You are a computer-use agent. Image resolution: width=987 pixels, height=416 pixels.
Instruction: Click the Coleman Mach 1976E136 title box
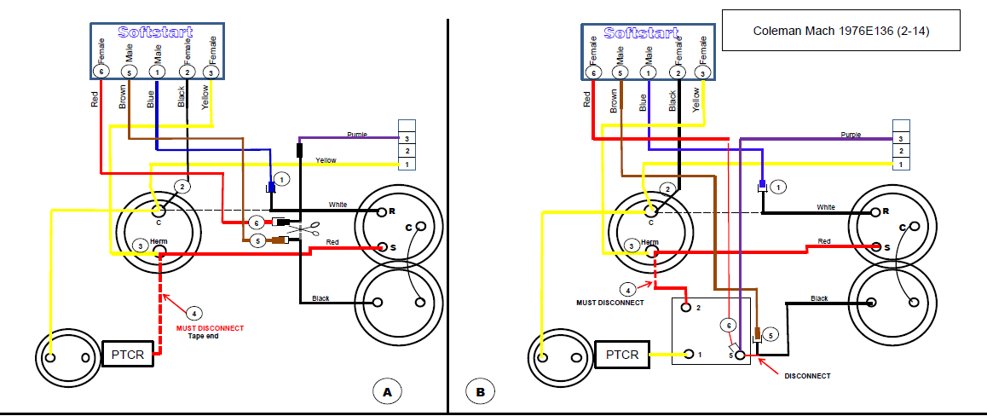click(x=840, y=30)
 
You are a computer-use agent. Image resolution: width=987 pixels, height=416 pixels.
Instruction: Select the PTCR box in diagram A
click(x=128, y=355)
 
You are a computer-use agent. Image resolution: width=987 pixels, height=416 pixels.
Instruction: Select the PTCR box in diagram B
click(x=622, y=355)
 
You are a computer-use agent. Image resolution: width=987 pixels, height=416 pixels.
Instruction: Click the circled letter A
click(x=388, y=392)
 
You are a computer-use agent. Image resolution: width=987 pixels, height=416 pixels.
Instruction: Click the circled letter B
click(x=480, y=392)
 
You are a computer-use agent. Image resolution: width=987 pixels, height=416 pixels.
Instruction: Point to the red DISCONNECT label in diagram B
click(x=807, y=376)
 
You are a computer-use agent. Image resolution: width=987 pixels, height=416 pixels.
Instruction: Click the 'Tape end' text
click(x=204, y=336)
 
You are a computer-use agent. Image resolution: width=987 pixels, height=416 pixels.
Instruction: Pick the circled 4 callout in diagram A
click(x=194, y=312)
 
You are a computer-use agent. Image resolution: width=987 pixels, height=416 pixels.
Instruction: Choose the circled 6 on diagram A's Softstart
click(x=101, y=72)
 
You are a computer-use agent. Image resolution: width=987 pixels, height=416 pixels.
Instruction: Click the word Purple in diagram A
click(x=356, y=135)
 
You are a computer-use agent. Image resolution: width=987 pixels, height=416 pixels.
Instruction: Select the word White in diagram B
click(x=826, y=207)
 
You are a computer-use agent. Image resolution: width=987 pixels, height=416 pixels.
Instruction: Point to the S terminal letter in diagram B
click(x=887, y=246)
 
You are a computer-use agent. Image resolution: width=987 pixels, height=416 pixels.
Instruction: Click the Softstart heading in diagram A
click(x=155, y=32)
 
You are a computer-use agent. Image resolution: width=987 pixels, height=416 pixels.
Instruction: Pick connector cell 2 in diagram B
click(x=902, y=151)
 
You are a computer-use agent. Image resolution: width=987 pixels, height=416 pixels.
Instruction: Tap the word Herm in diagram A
click(x=159, y=241)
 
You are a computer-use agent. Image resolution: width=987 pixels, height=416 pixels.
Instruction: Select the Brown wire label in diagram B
click(x=614, y=101)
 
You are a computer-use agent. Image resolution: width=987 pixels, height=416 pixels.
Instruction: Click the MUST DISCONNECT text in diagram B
click(x=610, y=303)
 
